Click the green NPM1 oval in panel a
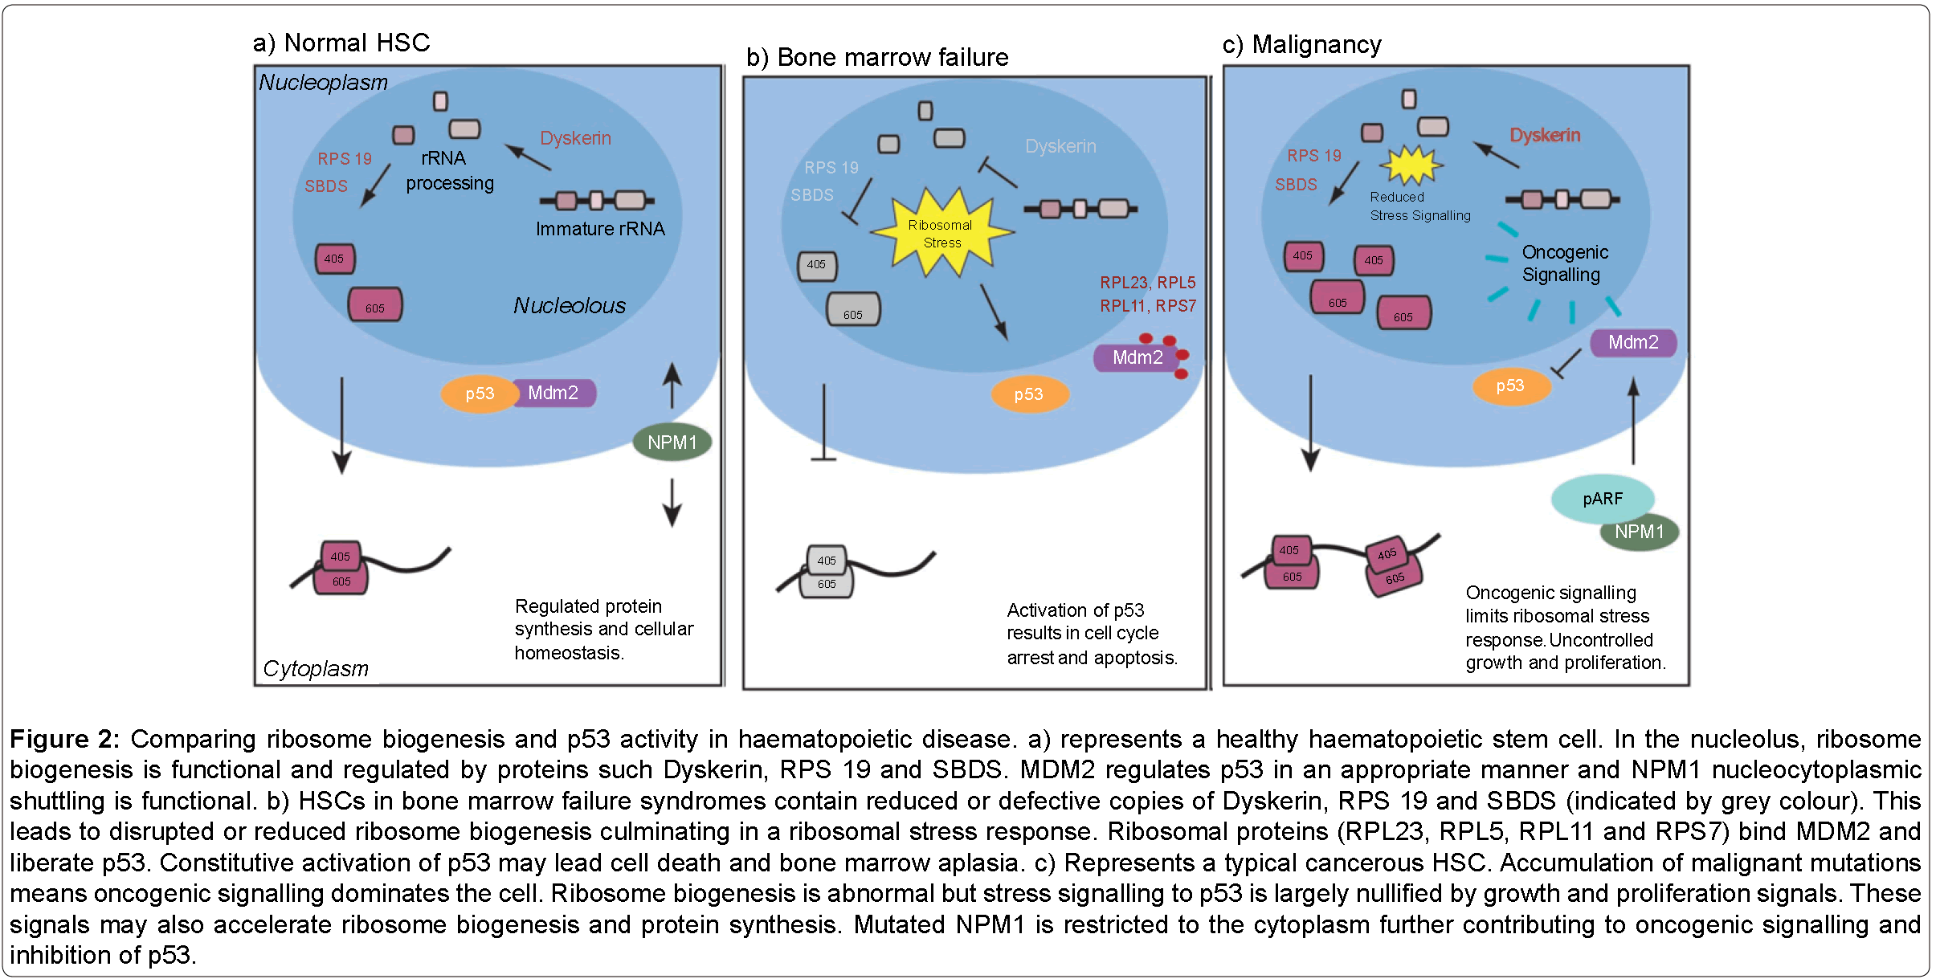pyautogui.click(x=672, y=443)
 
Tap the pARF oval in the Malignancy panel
pyautogui.click(x=1602, y=499)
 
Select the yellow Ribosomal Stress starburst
pyautogui.click(x=941, y=234)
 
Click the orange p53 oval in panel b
pyautogui.click(x=1028, y=394)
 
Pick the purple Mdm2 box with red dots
pyautogui.click(x=1137, y=357)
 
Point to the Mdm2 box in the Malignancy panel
pyautogui.click(x=1632, y=343)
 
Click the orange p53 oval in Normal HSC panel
pyautogui.click(x=479, y=394)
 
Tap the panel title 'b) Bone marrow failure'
pyautogui.click(x=876, y=58)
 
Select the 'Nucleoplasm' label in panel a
pyautogui.click(x=323, y=83)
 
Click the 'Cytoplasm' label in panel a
pyautogui.click(x=315, y=668)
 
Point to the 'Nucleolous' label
pyautogui.click(x=569, y=306)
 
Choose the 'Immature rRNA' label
pyautogui.click(x=600, y=229)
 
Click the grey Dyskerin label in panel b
pyautogui.click(x=1060, y=146)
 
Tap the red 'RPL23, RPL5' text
pyautogui.click(x=1147, y=283)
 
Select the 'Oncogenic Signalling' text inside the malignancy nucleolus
pyautogui.click(x=1564, y=263)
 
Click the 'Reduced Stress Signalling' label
pyautogui.click(x=1419, y=206)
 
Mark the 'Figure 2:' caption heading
pyautogui.click(x=64, y=739)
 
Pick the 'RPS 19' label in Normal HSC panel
pyautogui.click(x=345, y=159)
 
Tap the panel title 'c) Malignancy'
pyautogui.click(x=1301, y=45)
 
